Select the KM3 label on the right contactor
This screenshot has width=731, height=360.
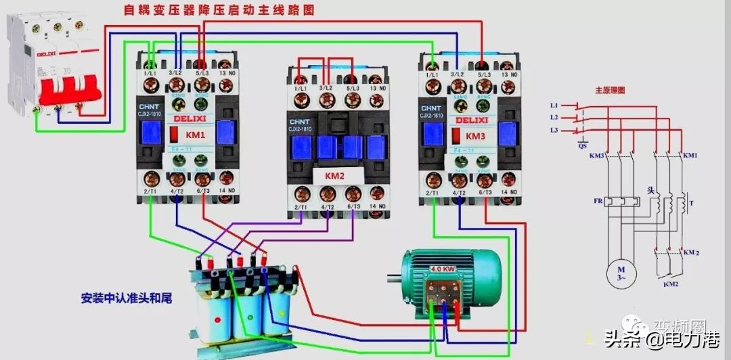476,135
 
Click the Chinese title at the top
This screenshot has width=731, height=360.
219,10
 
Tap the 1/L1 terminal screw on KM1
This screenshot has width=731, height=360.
152,85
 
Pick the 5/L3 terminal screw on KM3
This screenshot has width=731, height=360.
483,85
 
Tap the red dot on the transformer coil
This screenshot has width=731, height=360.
217,319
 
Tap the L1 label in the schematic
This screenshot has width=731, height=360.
554,106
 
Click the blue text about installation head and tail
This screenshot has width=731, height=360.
125,296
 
